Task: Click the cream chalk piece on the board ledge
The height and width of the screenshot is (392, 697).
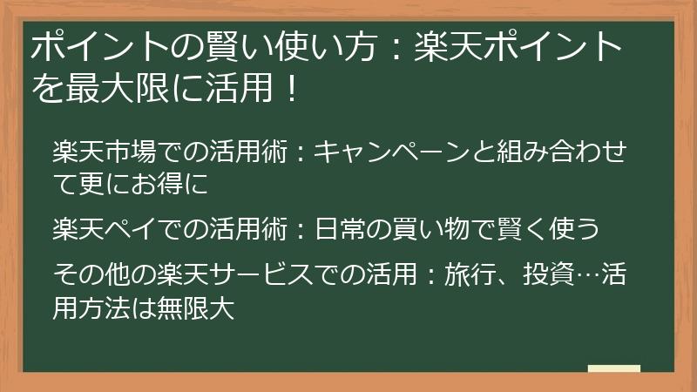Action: click(x=613, y=368)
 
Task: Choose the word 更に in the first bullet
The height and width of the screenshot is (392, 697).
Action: click(x=96, y=185)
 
